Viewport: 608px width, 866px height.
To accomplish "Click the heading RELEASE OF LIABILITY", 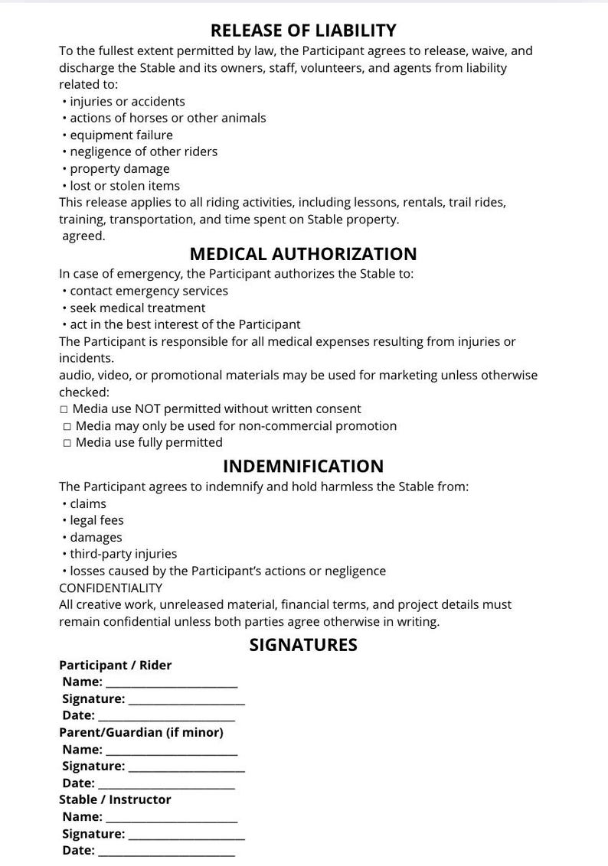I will [x=303, y=31].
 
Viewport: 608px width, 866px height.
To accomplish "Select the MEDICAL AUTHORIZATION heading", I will [x=303, y=254].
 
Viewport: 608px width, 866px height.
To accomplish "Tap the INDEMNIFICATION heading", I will [x=303, y=466].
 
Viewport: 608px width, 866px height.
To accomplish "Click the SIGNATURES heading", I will [x=303, y=645].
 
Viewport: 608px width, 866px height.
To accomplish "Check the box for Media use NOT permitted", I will [x=64, y=409].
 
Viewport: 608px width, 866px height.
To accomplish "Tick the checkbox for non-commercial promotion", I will [x=67, y=426].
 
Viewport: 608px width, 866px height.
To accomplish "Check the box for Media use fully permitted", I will [x=67, y=443].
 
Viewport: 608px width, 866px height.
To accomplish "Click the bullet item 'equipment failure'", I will [x=121, y=135].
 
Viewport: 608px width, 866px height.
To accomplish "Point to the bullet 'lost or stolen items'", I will [x=124, y=186].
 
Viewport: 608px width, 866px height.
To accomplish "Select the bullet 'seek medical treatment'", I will [x=137, y=308].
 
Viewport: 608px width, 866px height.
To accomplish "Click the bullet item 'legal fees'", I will [x=96, y=521].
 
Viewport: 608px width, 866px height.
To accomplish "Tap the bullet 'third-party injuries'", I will [x=123, y=554].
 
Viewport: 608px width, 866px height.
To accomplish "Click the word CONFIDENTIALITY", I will [x=111, y=588].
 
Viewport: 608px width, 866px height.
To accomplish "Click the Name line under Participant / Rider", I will [x=172, y=683].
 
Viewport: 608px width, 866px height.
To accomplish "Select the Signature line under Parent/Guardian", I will [x=186, y=767].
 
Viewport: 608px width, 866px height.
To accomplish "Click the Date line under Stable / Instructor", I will [x=166, y=851].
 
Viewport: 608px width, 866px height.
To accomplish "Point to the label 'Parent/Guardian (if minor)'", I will [x=141, y=733].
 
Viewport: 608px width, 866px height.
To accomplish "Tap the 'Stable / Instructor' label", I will [x=115, y=799].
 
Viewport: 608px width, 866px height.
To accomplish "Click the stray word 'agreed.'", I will [x=83, y=236].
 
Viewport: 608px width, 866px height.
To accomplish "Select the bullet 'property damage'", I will [x=119, y=169].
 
